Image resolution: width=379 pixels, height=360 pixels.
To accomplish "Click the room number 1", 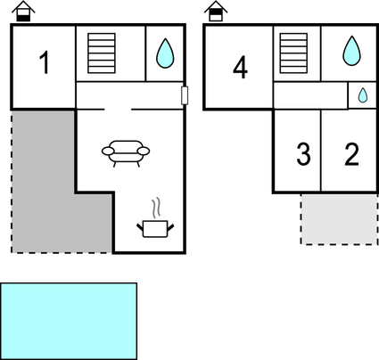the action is (x=45, y=62).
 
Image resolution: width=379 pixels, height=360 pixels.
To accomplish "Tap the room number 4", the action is (x=240, y=67).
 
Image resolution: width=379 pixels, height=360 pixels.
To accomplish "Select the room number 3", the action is (x=303, y=154).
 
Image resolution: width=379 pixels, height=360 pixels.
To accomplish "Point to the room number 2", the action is (x=351, y=154).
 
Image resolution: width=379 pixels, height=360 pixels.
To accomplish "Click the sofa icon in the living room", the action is (x=126, y=153).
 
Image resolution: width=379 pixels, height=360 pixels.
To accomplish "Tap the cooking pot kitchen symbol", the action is (x=155, y=229).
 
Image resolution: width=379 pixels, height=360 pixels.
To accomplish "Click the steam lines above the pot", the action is (x=156, y=208).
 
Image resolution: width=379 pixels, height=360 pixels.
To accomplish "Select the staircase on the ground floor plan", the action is (x=102, y=53).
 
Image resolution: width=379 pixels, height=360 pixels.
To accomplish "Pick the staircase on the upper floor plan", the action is (x=293, y=53).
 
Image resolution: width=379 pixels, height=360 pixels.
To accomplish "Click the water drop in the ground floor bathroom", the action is (x=165, y=53).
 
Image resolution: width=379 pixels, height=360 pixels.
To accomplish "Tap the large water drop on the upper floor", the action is (x=351, y=51).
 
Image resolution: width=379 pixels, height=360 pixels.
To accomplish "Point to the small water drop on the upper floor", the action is (x=363, y=95).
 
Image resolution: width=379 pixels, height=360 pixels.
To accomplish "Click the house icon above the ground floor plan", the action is (x=23, y=12).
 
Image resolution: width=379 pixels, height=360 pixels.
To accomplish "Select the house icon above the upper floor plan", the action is (x=216, y=12).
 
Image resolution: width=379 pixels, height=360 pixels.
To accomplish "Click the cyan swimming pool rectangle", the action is (x=69, y=321).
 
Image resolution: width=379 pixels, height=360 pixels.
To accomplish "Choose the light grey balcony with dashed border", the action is (x=339, y=219).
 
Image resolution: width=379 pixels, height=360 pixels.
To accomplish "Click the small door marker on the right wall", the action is (x=185, y=95).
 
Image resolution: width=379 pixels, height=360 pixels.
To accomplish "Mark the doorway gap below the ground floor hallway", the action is (x=118, y=110).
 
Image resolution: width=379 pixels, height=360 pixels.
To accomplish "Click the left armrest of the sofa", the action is (x=108, y=151).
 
